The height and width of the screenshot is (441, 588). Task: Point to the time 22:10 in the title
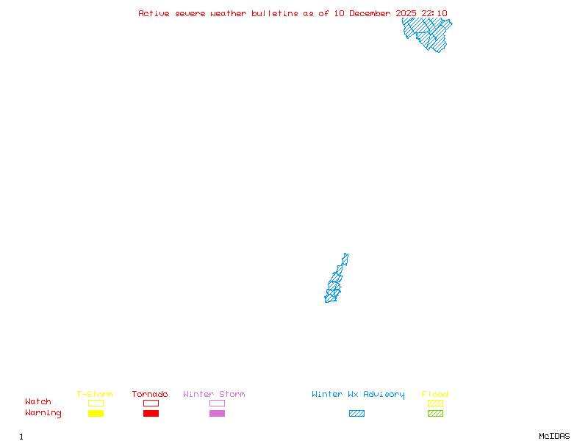(434, 13)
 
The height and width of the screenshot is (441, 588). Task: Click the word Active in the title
(154, 13)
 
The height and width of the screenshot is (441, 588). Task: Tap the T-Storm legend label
(95, 395)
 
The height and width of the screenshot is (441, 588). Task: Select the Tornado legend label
(150, 395)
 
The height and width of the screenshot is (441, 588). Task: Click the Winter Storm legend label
(214, 395)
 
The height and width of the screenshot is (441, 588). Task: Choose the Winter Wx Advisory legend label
(358, 395)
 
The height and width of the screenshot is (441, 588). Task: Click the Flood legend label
(435, 395)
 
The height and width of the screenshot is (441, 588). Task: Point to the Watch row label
(38, 402)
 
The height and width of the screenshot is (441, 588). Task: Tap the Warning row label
(43, 413)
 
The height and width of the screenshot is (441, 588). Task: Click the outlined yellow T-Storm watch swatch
(96, 403)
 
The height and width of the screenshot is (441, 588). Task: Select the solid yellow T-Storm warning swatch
(96, 414)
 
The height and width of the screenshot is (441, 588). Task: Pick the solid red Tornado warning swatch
(151, 414)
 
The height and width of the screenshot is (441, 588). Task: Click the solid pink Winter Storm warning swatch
(217, 414)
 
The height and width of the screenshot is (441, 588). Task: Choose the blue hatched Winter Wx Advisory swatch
(356, 414)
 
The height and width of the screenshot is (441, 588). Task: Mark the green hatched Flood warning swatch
(435, 414)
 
